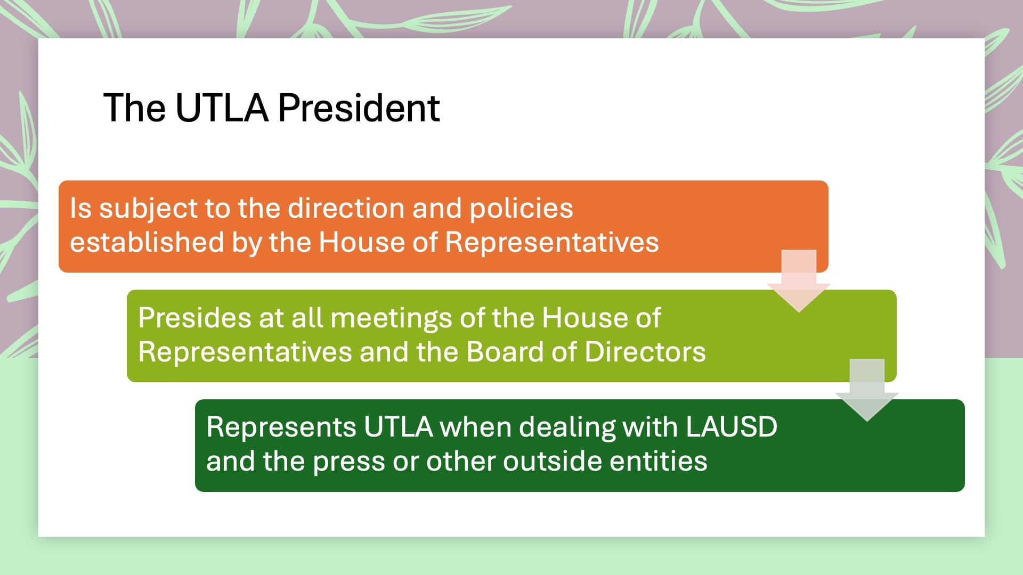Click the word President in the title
[x=359, y=108]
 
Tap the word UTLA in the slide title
[x=221, y=108]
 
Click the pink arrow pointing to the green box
[x=799, y=281]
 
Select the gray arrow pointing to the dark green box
[x=867, y=390]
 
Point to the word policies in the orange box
[x=521, y=209]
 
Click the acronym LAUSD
[x=732, y=427]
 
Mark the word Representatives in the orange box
[x=552, y=243]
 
